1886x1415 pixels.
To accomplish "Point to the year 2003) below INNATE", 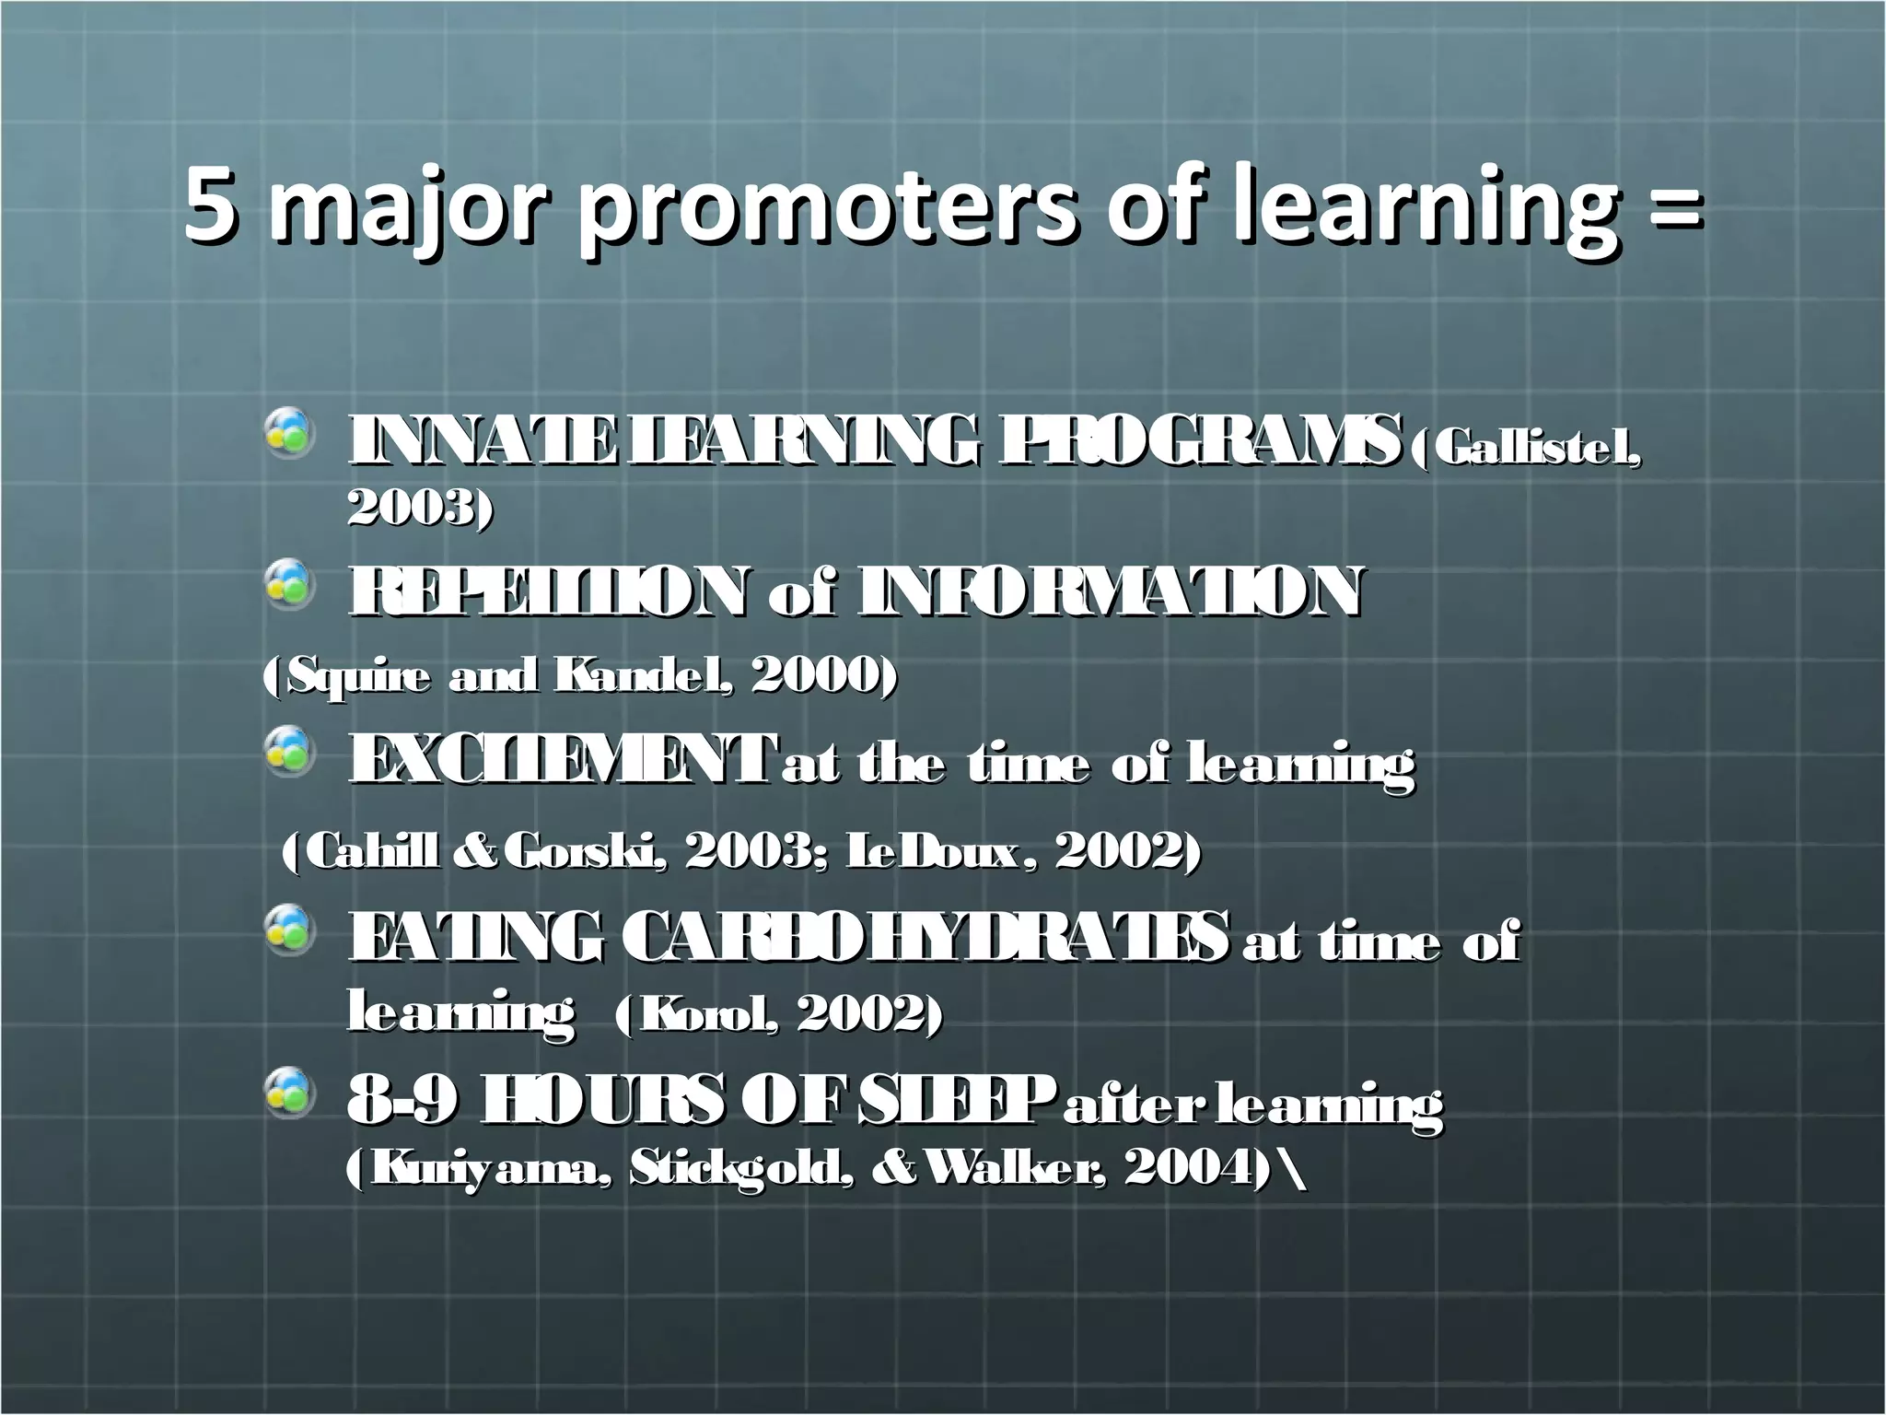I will click(x=420, y=506).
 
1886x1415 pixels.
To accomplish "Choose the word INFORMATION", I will click(x=1109, y=591).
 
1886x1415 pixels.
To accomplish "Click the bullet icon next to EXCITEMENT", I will click(x=288, y=749).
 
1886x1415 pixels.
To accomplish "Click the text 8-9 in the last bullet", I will click(x=402, y=1102).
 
